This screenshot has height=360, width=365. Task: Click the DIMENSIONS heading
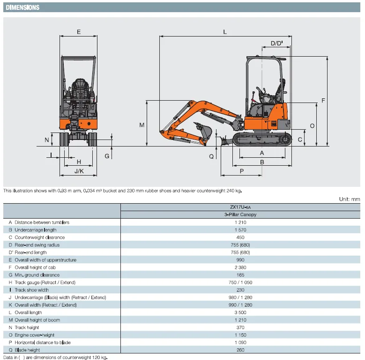click(22, 7)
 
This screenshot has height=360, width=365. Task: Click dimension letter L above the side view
click(225, 32)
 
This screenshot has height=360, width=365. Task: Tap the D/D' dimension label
click(277, 44)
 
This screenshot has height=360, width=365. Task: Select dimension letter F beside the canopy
click(323, 101)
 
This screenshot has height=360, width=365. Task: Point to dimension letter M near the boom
click(142, 125)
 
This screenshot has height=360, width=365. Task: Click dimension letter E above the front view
click(79, 32)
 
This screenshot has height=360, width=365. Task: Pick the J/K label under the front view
click(79, 171)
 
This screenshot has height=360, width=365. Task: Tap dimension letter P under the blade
click(242, 171)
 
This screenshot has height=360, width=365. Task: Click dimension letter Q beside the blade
click(211, 156)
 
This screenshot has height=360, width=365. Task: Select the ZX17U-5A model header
click(241, 207)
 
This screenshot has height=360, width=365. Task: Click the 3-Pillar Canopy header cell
click(241, 214)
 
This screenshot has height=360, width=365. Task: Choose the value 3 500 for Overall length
click(240, 312)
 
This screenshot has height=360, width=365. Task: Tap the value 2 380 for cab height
click(240, 267)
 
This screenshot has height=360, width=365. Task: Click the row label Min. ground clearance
click(37, 275)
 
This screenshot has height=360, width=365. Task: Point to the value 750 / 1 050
click(240, 282)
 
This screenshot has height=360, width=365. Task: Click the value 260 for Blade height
click(240, 350)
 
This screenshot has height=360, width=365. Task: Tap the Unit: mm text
click(350, 199)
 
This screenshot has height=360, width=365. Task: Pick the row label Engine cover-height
click(35, 335)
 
